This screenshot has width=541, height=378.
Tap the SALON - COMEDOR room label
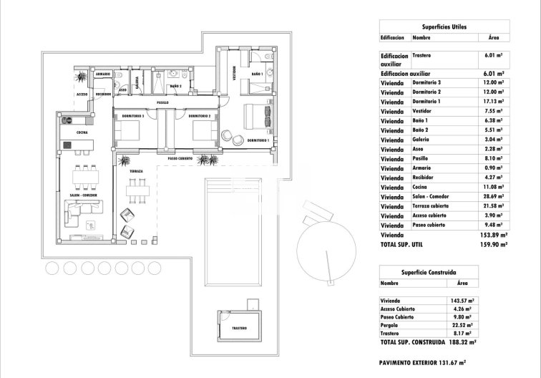tap(84, 194)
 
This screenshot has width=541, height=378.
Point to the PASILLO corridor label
tap(163, 103)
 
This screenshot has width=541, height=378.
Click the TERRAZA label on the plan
tap(136, 172)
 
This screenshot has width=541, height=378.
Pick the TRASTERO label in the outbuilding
tap(239, 329)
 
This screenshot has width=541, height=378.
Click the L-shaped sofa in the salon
tap(84, 215)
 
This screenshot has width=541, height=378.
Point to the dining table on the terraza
tap(134, 191)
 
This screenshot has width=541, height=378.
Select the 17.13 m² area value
tap(494, 102)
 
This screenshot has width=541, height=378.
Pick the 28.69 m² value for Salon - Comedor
tap(494, 196)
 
